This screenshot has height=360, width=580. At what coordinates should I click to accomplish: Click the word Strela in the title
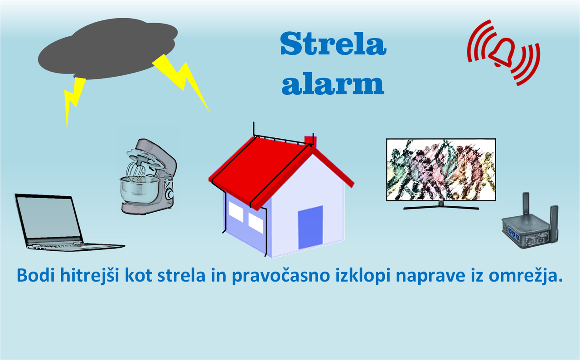(333, 44)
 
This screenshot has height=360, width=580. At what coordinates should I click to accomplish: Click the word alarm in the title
(333, 83)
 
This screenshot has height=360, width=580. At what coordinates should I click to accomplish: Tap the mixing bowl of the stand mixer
(140, 190)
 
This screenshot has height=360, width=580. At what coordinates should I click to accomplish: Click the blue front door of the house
(310, 227)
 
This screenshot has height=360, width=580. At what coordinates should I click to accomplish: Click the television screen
(441, 170)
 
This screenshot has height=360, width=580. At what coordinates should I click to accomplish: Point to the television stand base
(441, 207)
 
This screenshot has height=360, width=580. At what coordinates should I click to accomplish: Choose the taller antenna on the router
(526, 203)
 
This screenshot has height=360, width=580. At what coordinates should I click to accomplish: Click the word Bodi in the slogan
(36, 275)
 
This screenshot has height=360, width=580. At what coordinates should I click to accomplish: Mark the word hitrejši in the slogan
(90, 276)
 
